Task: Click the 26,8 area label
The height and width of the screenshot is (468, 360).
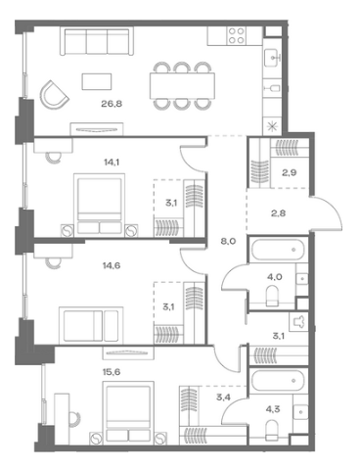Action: click(x=112, y=104)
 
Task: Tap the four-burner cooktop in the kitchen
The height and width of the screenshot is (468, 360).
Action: click(x=237, y=35)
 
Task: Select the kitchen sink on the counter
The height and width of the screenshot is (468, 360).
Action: click(x=272, y=58)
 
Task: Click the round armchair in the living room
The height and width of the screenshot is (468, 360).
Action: click(x=54, y=95)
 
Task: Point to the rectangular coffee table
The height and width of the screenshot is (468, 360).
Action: click(x=97, y=81)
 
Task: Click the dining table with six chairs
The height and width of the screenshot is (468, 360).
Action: click(x=182, y=86)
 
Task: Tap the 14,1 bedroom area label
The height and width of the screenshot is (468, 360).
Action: click(x=110, y=162)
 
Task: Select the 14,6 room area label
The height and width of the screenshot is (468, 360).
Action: click(x=112, y=265)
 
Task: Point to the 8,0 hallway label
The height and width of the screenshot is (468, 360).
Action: click(x=228, y=242)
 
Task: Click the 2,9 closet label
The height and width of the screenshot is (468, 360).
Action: click(x=289, y=172)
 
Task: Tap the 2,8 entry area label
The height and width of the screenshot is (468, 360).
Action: click(x=278, y=213)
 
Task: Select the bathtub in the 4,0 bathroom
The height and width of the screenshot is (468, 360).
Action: click(x=278, y=250)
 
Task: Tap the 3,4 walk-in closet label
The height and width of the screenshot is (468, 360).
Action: click(x=223, y=398)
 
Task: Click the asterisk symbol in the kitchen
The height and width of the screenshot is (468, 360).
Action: click(x=271, y=126)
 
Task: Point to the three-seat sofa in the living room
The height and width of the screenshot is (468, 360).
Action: click(x=97, y=41)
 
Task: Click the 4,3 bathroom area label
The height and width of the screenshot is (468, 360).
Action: click(x=273, y=409)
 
